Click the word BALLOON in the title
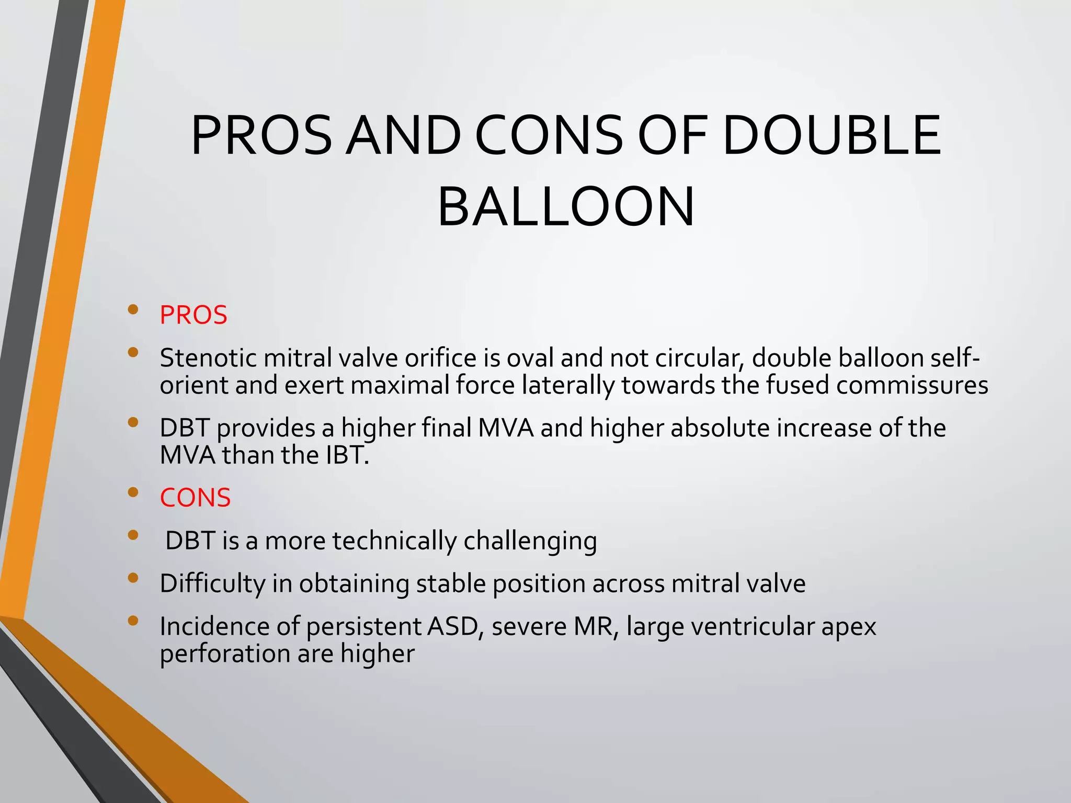[566, 207]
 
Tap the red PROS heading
[193, 315]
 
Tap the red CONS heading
[195, 497]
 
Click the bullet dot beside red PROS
[133, 309]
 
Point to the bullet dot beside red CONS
[133, 492]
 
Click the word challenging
[530, 542]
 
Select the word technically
[394, 542]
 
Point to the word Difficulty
[212, 584]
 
